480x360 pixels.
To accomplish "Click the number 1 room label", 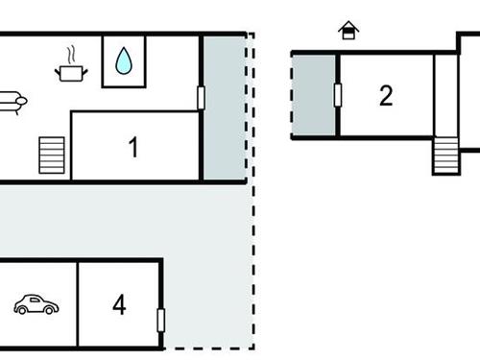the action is [133, 148].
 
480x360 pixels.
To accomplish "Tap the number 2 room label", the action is [386, 96].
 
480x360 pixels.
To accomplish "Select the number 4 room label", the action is [119, 305].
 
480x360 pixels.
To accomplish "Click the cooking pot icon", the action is [71, 72].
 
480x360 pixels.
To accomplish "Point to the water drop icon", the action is [124, 62].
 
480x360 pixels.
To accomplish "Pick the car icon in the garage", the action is [36, 305].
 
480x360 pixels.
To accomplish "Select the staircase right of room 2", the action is [446, 155].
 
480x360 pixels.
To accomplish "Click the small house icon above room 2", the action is [348, 32].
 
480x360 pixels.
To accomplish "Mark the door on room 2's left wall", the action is [337, 95].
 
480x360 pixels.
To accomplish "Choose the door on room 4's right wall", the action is [161, 320].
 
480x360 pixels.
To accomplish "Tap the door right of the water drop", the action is [201, 97].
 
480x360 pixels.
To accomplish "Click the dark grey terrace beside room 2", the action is [314, 95].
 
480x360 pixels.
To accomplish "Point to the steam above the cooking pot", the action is [70, 53].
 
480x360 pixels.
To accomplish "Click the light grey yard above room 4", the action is [115, 219].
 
